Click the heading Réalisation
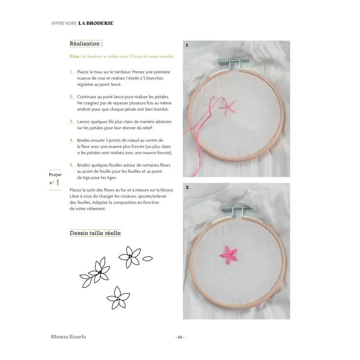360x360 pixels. tap(86, 44)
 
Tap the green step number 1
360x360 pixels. tap(72, 72)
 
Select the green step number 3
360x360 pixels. tap(72, 121)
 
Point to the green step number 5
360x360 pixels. tap(72, 165)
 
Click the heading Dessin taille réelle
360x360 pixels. tap(95, 233)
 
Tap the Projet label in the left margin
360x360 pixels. tap(54, 175)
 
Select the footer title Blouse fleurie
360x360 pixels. tap(68, 337)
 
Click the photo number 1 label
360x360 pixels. tap(186, 45)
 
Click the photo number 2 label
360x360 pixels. tap(186, 186)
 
